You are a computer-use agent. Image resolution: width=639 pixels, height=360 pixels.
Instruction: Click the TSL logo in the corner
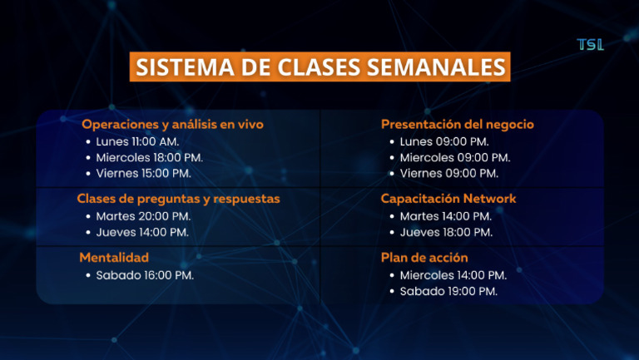pos(590,45)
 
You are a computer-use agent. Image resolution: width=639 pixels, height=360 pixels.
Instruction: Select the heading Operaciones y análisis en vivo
pos(172,125)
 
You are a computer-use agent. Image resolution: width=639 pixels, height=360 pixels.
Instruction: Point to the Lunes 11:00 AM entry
pos(137,141)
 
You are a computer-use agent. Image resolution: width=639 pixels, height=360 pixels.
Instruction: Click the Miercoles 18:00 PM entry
pos(149,157)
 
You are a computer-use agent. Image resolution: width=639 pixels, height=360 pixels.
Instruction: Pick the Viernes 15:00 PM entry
pos(143,173)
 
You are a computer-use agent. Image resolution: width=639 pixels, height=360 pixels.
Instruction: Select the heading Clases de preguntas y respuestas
pos(178,199)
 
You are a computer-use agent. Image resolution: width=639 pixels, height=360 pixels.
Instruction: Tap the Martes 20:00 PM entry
pos(143,216)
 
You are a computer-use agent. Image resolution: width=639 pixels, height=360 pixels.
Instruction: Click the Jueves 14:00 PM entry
pos(142,232)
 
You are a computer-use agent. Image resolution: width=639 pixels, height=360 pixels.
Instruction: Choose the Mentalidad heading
pos(114,258)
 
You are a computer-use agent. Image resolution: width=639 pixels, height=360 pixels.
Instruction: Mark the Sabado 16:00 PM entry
pos(145,275)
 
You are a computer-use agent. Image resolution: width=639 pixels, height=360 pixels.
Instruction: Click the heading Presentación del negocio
pos(457,125)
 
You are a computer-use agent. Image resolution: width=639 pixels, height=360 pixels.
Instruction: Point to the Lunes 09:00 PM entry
pos(444,141)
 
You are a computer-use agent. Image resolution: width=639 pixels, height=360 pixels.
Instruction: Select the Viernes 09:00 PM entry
pos(449,173)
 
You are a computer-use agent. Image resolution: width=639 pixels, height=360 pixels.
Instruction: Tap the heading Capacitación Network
pos(448,199)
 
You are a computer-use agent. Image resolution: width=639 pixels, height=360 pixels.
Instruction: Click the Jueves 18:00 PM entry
pos(446,232)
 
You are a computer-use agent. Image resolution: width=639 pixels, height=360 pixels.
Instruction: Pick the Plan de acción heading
pos(424,258)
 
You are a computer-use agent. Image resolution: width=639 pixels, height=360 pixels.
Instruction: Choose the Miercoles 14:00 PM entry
pos(453,275)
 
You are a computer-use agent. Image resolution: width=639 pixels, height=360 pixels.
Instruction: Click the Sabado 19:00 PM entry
pos(448,291)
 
